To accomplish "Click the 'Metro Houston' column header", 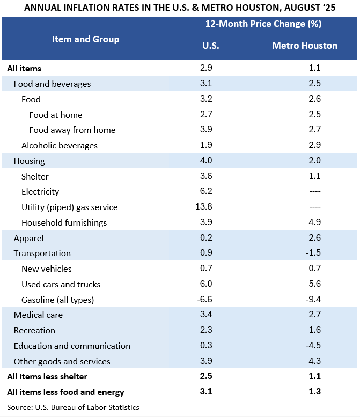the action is coord(305,46).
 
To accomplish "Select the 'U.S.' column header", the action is coord(211,46).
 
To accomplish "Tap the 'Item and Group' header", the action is coord(85,39).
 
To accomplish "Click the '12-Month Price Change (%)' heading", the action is coord(263,24).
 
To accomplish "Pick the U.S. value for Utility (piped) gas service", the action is coord(204,207).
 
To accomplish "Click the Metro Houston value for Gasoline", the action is coord(313,299).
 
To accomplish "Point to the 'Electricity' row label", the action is coord(40,191).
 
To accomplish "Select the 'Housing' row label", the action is coord(30,161).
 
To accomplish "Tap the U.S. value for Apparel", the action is coord(206,237).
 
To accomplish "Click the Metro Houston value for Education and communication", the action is coord(313,346).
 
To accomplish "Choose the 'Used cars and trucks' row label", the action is coord(61,284).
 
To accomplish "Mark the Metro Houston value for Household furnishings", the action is coord(315,222).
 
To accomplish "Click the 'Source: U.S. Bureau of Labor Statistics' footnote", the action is coord(73,407).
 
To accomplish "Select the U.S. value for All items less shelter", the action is coord(206,376).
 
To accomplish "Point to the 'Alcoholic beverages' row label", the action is coord(60,145).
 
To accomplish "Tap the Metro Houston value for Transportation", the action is coord(313,252).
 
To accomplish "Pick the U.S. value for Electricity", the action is coord(206,191).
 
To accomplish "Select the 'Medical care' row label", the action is coord(38,315).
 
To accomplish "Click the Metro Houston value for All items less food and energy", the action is coord(315,391).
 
